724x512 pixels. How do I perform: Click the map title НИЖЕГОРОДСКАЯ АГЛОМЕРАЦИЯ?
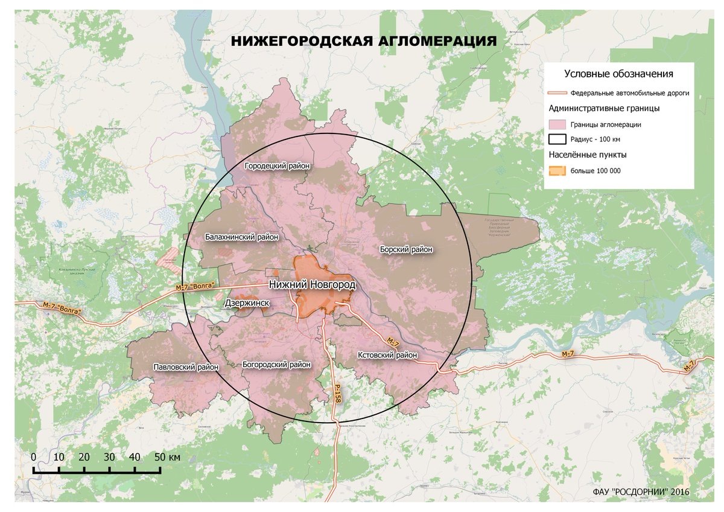[x=364, y=41]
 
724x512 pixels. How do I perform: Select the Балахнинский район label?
[x=241, y=237]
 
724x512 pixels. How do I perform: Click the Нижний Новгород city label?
[x=312, y=284]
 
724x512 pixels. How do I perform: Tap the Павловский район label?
[x=186, y=366]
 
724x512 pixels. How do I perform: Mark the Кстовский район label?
[x=387, y=355]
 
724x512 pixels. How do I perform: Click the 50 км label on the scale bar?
[x=166, y=457]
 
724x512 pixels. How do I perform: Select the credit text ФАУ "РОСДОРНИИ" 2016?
[x=641, y=492]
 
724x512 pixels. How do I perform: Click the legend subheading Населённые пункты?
[x=588, y=155]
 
